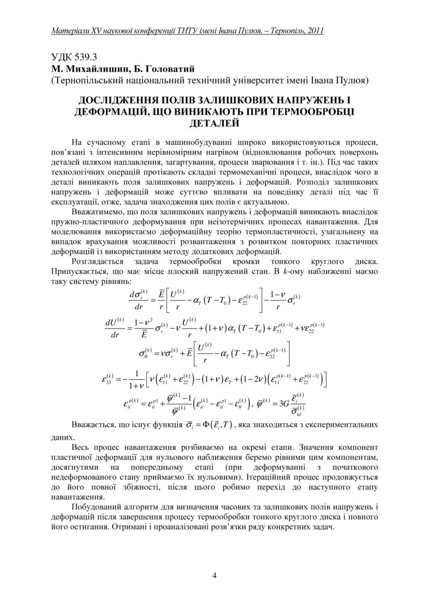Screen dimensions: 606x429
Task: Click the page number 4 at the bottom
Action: click(x=214, y=575)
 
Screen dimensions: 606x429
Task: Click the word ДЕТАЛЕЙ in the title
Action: click(x=214, y=123)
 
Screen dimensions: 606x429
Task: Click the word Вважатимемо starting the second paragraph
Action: click(x=100, y=211)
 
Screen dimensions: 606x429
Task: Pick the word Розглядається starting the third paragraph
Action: click(x=100, y=261)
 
